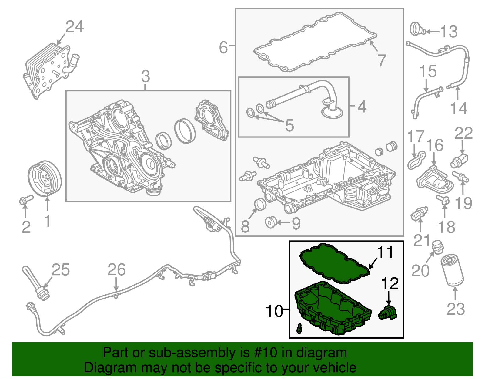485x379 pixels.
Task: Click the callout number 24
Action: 75,27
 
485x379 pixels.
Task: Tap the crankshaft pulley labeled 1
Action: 45,179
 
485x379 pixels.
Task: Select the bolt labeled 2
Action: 25,200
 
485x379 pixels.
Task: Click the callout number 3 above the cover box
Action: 145,76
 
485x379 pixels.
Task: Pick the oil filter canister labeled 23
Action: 452,271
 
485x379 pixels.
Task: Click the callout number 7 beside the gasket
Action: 382,60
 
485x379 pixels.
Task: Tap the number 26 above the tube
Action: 117,270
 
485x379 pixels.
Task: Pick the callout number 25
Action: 61,270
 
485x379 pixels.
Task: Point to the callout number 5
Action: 289,125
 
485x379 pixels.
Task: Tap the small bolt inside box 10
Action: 300,328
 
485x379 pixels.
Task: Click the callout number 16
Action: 435,146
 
